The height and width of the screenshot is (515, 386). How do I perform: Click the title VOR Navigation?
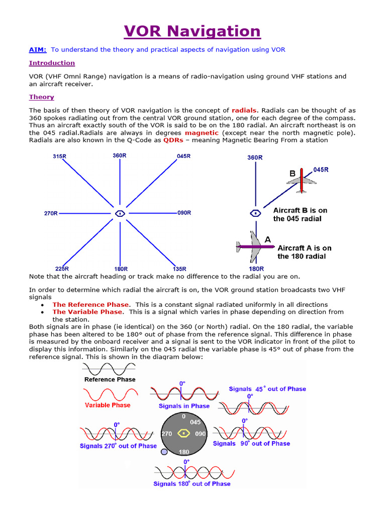193,31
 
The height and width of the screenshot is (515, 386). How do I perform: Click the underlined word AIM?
38,49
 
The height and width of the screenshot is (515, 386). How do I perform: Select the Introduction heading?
52,63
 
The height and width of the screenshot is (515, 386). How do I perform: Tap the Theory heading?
42,97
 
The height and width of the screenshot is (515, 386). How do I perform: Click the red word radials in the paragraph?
244,110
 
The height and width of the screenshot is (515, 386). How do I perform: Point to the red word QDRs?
173,140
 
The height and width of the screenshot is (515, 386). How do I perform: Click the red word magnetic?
202,133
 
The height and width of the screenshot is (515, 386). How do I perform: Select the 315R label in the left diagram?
59,157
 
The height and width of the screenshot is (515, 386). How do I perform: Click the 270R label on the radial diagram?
51,213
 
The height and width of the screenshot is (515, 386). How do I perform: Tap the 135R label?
179,269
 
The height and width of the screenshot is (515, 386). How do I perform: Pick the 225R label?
61,269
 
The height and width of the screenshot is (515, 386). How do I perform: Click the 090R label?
184,213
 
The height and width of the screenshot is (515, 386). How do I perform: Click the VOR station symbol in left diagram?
120,213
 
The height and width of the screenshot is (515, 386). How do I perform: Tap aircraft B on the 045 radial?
301,180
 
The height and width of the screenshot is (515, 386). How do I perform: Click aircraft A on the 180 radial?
251,246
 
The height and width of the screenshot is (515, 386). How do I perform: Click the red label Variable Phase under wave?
108,405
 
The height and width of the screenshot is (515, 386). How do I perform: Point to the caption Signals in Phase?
184,406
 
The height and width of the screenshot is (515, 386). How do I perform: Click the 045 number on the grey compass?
195,422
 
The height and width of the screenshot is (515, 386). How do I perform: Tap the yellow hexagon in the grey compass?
184,433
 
